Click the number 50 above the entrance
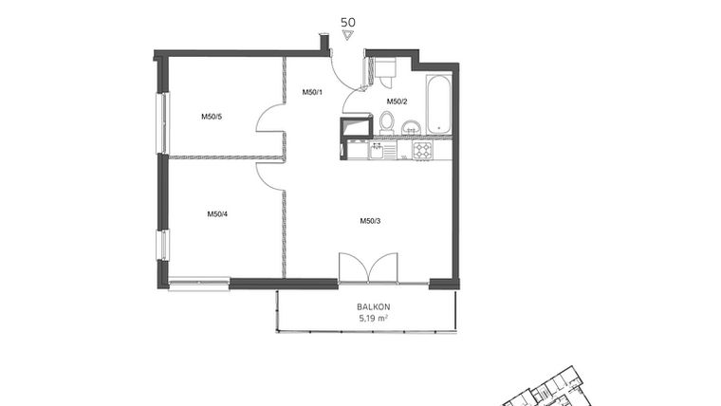tap(347, 20)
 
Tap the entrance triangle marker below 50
tap(347, 35)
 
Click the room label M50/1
tap(313, 92)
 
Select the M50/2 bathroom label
tap(396, 101)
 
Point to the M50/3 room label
tap(370, 221)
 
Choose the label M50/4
tap(217, 214)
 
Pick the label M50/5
tap(211, 117)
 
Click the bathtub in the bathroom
tap(438, 104)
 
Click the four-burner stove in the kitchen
tap(422, 150)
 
